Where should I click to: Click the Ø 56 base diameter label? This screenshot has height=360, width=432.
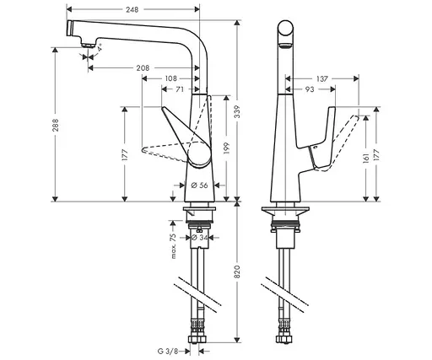200,185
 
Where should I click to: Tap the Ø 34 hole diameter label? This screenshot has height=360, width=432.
200,237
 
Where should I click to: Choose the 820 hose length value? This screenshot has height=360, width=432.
236,273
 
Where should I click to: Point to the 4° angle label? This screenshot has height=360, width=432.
100,51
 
